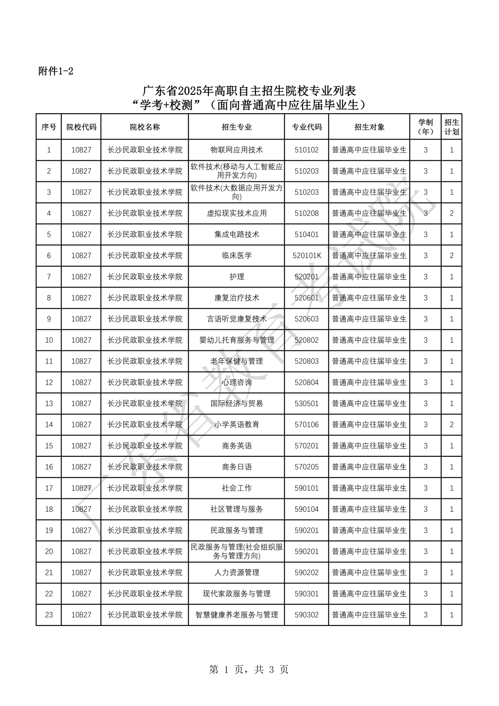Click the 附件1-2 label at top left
[56, 71]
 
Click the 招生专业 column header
[237, 127]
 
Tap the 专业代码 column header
[306, 127]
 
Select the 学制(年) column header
[426, 127]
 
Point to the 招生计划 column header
[451, 127]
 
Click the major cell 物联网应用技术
[237, 150]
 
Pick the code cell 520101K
[306, 256]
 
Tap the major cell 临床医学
[237, 256]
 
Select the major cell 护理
[237, 277]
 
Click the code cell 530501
[306, 404]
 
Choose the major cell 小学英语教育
[237, 424]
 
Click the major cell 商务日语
[237, 467]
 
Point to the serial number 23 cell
[49, 615]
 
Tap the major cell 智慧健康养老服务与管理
[237, 615]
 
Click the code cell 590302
[306, 615]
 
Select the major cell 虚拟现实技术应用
[237, 213]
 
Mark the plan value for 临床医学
[451, 256]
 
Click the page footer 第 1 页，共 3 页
[249, 669]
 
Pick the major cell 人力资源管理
[237, 572]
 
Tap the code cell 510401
[306, 234]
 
